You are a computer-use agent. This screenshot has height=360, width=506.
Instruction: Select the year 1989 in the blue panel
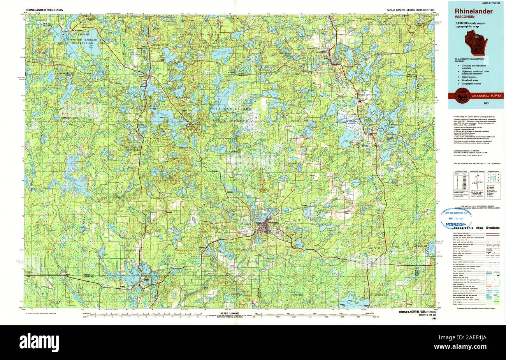(x=486, y=103)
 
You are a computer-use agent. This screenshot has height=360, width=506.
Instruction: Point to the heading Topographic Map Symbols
(x=476, y=228)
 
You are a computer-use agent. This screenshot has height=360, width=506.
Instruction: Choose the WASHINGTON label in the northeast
(x=383, y=55)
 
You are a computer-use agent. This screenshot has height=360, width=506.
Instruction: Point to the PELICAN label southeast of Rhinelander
(x=292, y=247)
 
